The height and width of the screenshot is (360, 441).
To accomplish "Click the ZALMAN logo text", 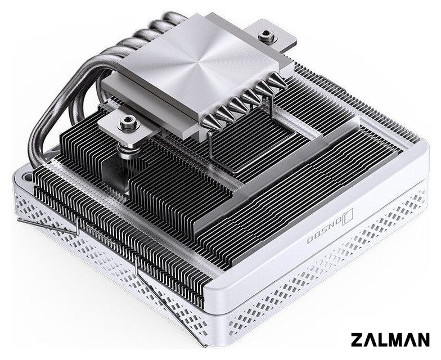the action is pos(390,340).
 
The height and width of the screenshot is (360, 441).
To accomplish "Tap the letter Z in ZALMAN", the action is pos(357,340).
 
